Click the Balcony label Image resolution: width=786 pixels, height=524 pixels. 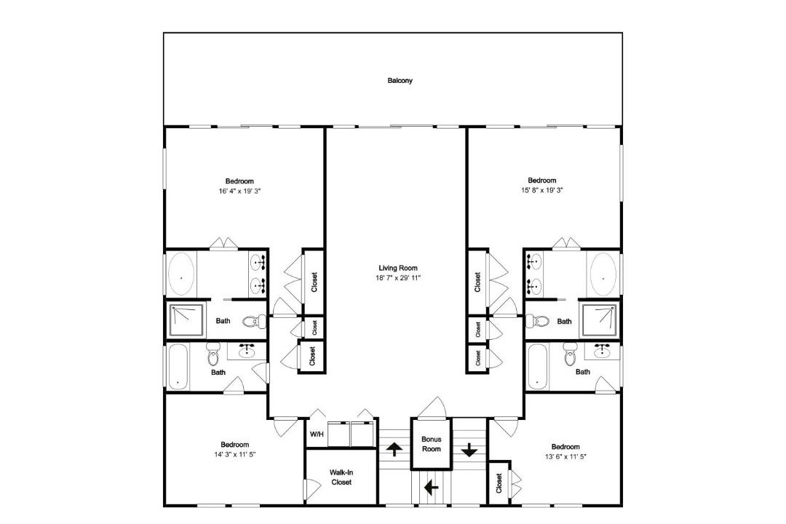pos(400,80)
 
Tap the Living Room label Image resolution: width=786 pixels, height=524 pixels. pos(398,268)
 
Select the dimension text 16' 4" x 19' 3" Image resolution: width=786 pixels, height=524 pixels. pos(239,191)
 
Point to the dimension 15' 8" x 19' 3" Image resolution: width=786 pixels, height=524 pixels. pos(542,190)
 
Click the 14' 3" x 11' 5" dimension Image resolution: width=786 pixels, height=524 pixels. pos(235,455)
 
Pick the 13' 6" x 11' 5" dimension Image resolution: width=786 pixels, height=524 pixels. pos(565,456)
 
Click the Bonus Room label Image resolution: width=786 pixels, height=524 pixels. pos(431,444)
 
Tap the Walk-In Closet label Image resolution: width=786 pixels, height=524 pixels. pos(341,477)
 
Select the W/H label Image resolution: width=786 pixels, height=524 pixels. pos(317,434)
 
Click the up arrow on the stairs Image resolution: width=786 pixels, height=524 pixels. pos(394,449)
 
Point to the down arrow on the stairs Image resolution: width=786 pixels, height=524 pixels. pos(469,450)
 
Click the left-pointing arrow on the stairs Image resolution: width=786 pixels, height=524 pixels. pos(431,487)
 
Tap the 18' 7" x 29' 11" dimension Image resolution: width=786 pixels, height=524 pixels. pos(398,277)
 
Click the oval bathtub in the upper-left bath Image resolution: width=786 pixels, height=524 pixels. pos(181,274)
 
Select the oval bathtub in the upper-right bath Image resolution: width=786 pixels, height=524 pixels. pos(603,274)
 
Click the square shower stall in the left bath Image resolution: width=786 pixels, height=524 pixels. pos(186,320)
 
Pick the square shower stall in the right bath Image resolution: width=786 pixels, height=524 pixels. pos(600,320)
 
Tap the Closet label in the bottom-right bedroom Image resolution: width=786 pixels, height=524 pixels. pos(499,483)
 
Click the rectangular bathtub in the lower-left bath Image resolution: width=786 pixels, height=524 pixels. pos(178,367)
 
